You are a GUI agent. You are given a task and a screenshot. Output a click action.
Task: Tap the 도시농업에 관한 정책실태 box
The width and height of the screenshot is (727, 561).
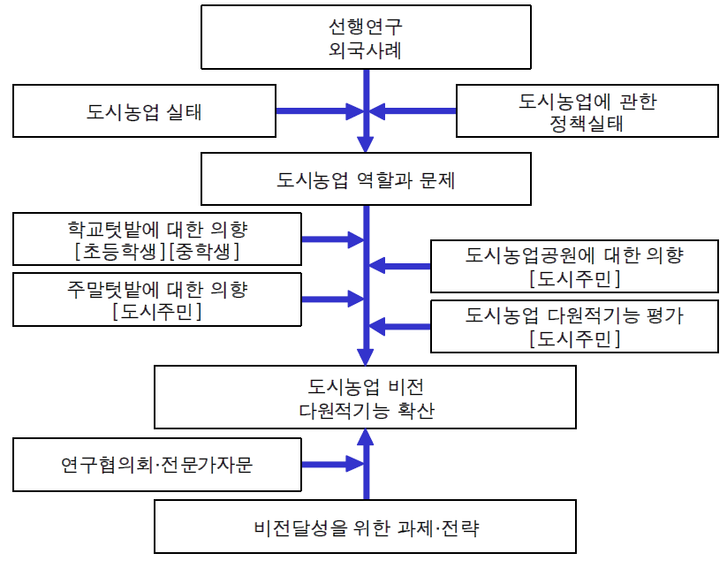[x=587, y=111]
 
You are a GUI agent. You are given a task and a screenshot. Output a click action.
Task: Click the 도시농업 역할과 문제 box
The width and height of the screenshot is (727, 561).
[x=366, y=180]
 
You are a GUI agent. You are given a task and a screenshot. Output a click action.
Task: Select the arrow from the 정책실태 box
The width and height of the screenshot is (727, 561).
[x=413, y=111]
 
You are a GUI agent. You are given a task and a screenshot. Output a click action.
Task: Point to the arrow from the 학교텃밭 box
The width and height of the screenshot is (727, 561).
[x=332, y=239]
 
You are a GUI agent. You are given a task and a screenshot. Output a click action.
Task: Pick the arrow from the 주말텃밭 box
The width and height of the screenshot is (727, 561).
[x=332, y=299]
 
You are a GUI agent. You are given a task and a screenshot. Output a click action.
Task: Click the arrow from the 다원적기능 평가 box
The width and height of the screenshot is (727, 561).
[x=400, y=326]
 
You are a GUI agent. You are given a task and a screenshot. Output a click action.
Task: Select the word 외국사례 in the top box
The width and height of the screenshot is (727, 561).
[x=366, y=49]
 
